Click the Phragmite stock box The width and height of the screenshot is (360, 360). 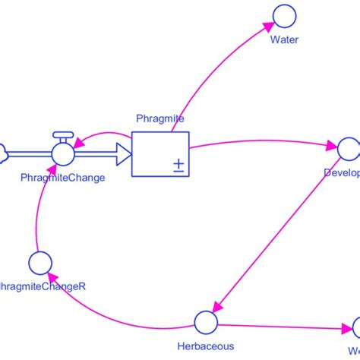coord(159,153)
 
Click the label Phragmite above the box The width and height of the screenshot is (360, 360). coord(159,118)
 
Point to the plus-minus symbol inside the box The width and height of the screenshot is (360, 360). coord(178,165)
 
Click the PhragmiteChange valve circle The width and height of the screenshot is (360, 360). coord(63,153)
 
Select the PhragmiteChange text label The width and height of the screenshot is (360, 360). coord(62,177)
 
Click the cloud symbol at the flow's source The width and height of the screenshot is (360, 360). coord(2,153)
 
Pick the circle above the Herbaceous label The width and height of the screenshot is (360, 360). coord(204,321)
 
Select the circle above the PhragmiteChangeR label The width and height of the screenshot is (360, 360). coord(39,263)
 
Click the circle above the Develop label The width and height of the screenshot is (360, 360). coord(349,149)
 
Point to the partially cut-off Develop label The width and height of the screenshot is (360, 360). coord(341,172)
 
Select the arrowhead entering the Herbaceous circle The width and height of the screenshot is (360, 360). coord(216,308)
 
